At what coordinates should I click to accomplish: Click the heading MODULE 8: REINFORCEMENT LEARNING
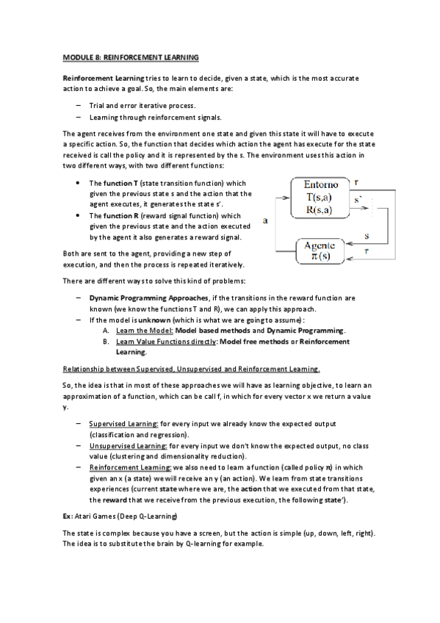tap(131, 57)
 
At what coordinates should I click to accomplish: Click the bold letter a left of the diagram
tap(264, 220)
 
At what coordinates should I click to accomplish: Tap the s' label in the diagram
tap(358, 198)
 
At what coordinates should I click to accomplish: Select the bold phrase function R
tap(122, 216)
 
